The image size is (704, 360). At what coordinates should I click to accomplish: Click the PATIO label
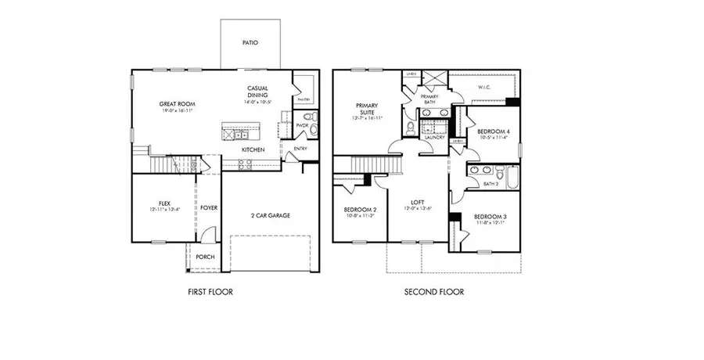250,43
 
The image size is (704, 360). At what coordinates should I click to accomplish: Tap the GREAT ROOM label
177,104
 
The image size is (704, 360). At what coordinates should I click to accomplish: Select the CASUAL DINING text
258,92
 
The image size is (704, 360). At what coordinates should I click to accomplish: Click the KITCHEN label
253,149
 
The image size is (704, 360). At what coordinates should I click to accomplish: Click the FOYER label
209,208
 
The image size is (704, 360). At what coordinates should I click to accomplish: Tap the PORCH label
205,257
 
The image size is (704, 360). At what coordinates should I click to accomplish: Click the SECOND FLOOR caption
433,292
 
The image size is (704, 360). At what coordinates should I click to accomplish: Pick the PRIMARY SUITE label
367,109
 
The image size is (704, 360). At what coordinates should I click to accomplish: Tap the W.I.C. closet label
483,87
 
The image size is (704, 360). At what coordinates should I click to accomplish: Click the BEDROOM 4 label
494,131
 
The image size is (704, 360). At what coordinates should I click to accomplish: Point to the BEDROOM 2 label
360,211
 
